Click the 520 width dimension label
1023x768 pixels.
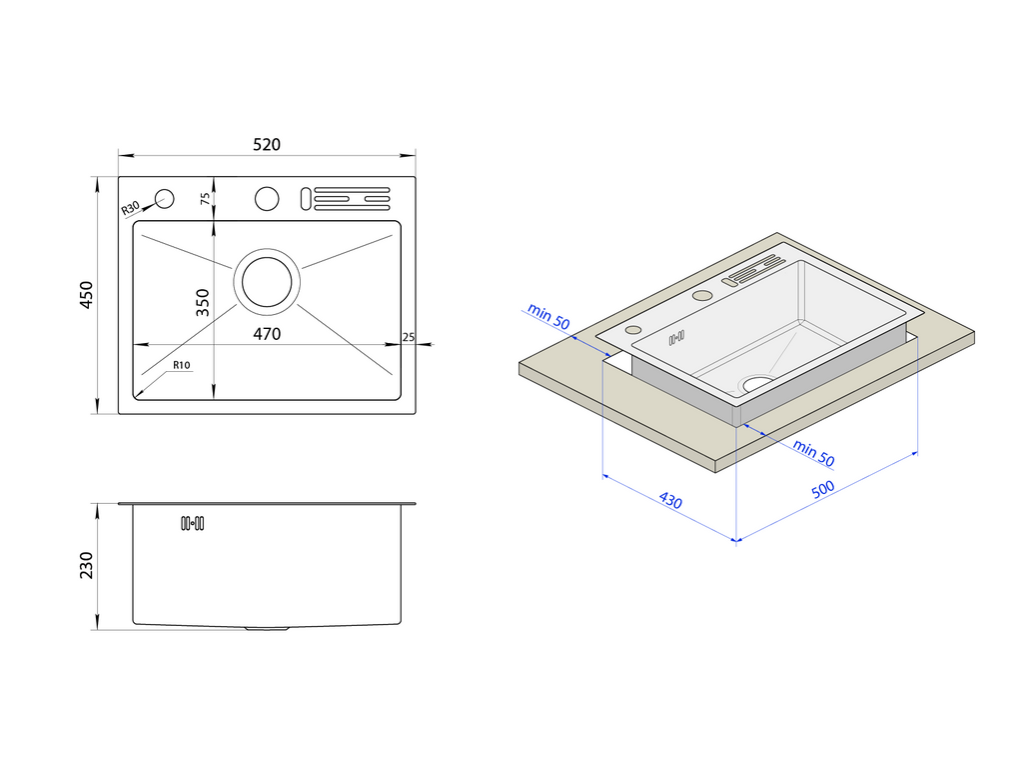pyautogui.click(x=266, y=144)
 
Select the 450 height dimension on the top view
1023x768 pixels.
pyautogui.click(x=86, y=295)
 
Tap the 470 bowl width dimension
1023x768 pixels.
pyautogui.click(x=266, y=334)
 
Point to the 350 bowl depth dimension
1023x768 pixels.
pyautogui.click(x=202, y=302)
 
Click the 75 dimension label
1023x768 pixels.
pyautogui.click(x=206, y=198)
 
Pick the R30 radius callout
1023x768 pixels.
pyautogui.click(x=131, y=208)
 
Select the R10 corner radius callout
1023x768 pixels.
pyautogui.click(x=182, y=365)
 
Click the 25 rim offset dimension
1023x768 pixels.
pyautogui.click(x=409, y=337)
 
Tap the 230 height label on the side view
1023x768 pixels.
pyautogui.click(x=86, y=566)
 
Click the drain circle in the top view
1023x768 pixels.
pyautogui.click(x=267, y=281)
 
